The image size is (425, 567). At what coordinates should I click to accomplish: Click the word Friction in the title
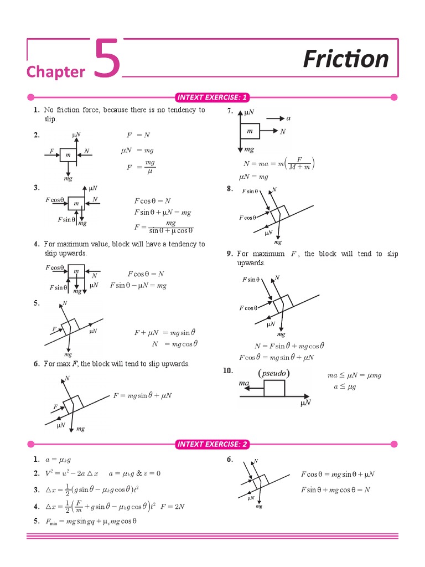point(346,59)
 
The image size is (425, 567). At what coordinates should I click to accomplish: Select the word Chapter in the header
point(56,72)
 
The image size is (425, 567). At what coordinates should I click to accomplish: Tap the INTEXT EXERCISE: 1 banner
point(212,98)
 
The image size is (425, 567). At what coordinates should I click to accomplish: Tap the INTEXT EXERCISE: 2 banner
point(212,444)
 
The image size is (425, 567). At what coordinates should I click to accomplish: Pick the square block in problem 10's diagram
point(274,388)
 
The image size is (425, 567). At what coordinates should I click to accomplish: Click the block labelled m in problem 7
point(250,131)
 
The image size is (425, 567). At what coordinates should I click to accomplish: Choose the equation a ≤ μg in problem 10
point(344,386)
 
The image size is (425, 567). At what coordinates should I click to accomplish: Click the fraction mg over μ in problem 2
point(149,167)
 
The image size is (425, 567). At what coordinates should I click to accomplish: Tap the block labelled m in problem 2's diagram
point(68,156)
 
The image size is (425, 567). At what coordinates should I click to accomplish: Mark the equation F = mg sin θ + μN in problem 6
point(142,395)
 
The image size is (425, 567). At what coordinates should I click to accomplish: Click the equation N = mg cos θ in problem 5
point(174,343)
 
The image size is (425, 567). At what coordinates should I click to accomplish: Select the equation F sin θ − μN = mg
point(138,286)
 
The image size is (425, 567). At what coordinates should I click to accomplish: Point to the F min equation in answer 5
point(92,521)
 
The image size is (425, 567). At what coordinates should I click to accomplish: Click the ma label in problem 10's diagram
point(244,383)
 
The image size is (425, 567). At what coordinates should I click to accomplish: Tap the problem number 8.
point(230,189)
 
